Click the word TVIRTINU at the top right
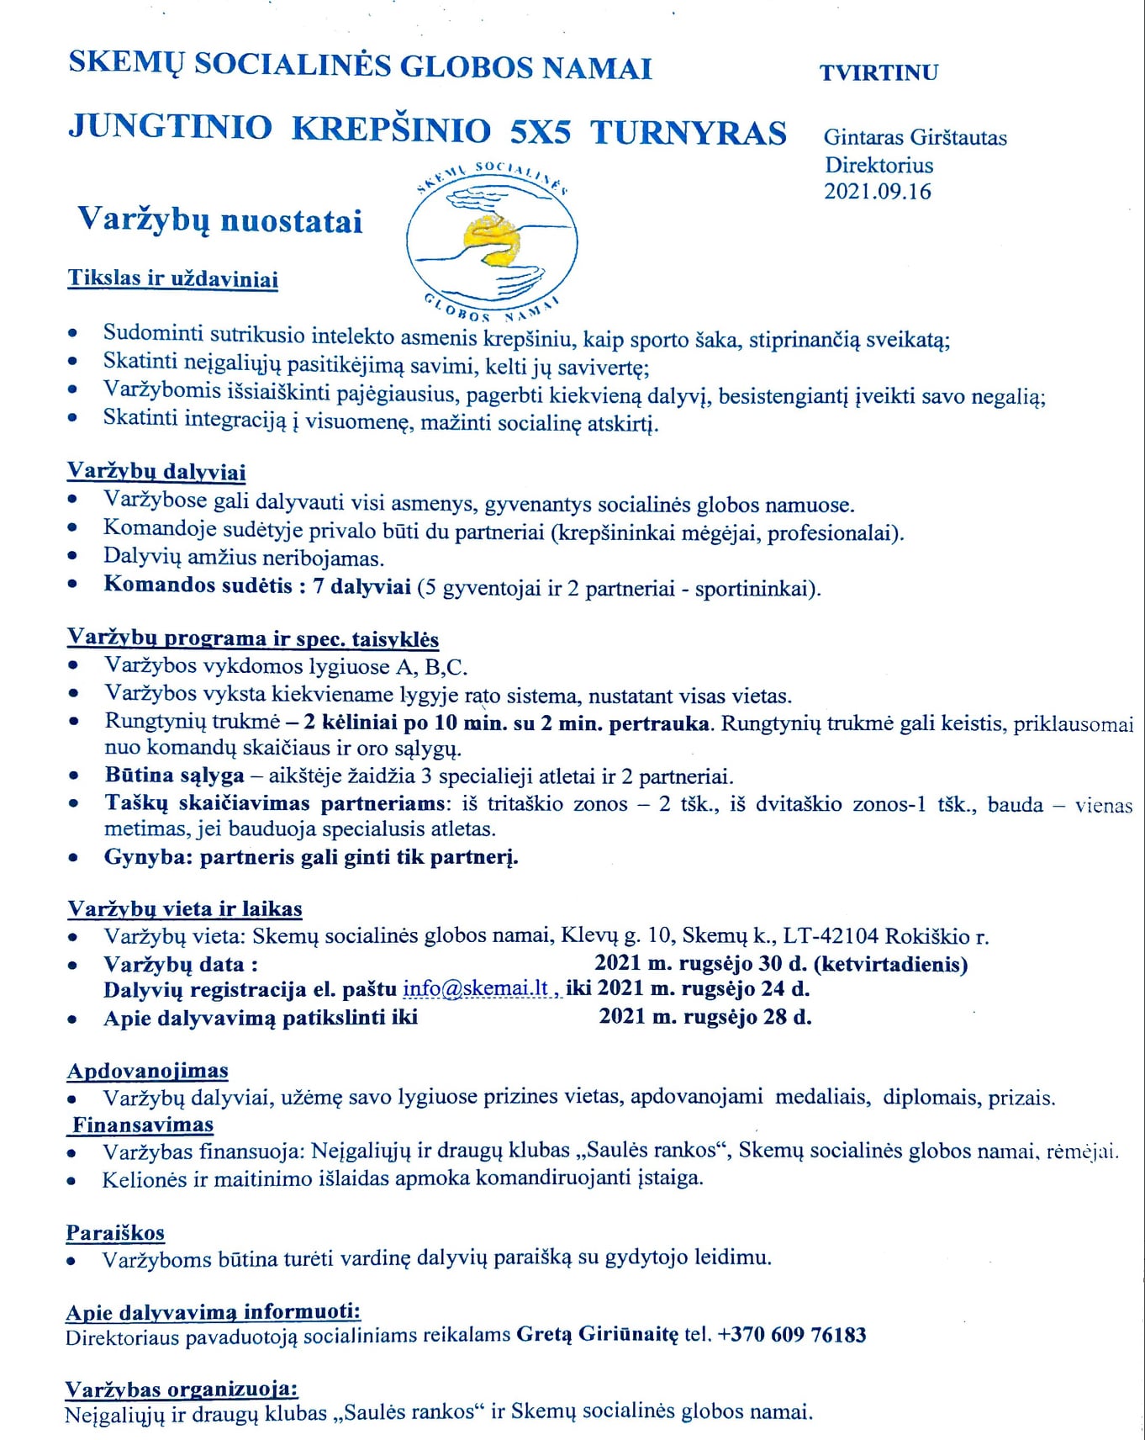coord(879,72)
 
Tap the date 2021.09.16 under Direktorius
coord(878,192)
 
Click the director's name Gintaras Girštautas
coord(915,137)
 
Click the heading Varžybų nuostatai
coord(220,220)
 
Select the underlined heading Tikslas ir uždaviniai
coord(173,278)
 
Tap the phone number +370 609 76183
coord(791,1335)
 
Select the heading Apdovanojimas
coord(148,1071)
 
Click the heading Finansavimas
coord(143,1125)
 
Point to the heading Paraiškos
coord(115,1233)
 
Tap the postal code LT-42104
coord(831,935)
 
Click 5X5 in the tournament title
coord(541,132)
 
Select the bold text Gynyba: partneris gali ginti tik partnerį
coord(311,857)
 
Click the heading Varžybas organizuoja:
coord(182,1389)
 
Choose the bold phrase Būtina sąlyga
coord(175,776)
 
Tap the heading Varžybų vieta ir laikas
coord(185,908)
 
